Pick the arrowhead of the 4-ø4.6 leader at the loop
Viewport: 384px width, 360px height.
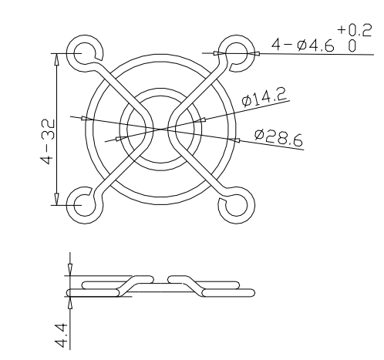(x=222, y=52)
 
